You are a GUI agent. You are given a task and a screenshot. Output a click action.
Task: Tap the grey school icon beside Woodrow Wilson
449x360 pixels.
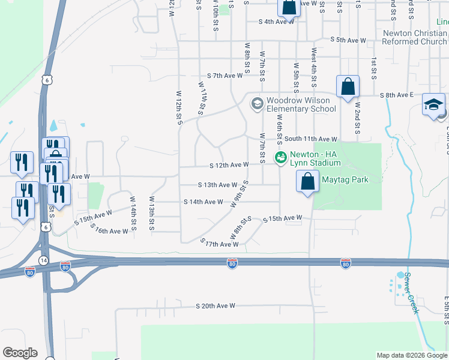[258, 104]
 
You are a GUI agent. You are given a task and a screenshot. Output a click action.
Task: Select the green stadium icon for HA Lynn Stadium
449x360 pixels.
[280, 158]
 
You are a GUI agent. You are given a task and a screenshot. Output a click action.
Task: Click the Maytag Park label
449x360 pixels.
[344, 179]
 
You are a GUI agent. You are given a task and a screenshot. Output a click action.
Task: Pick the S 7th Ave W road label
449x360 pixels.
[225, 76]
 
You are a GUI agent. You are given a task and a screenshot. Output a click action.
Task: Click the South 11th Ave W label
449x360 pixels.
[311, 139]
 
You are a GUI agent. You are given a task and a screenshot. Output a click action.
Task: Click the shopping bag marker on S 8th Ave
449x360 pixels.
[348, 87]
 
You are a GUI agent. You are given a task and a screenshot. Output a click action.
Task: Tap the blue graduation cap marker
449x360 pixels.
[433, 105]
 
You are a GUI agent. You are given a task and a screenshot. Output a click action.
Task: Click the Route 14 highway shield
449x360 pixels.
[44, 260]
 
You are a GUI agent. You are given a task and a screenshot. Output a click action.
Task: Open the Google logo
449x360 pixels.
[20, 353]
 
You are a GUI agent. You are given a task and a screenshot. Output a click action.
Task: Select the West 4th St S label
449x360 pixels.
[313, 68]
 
